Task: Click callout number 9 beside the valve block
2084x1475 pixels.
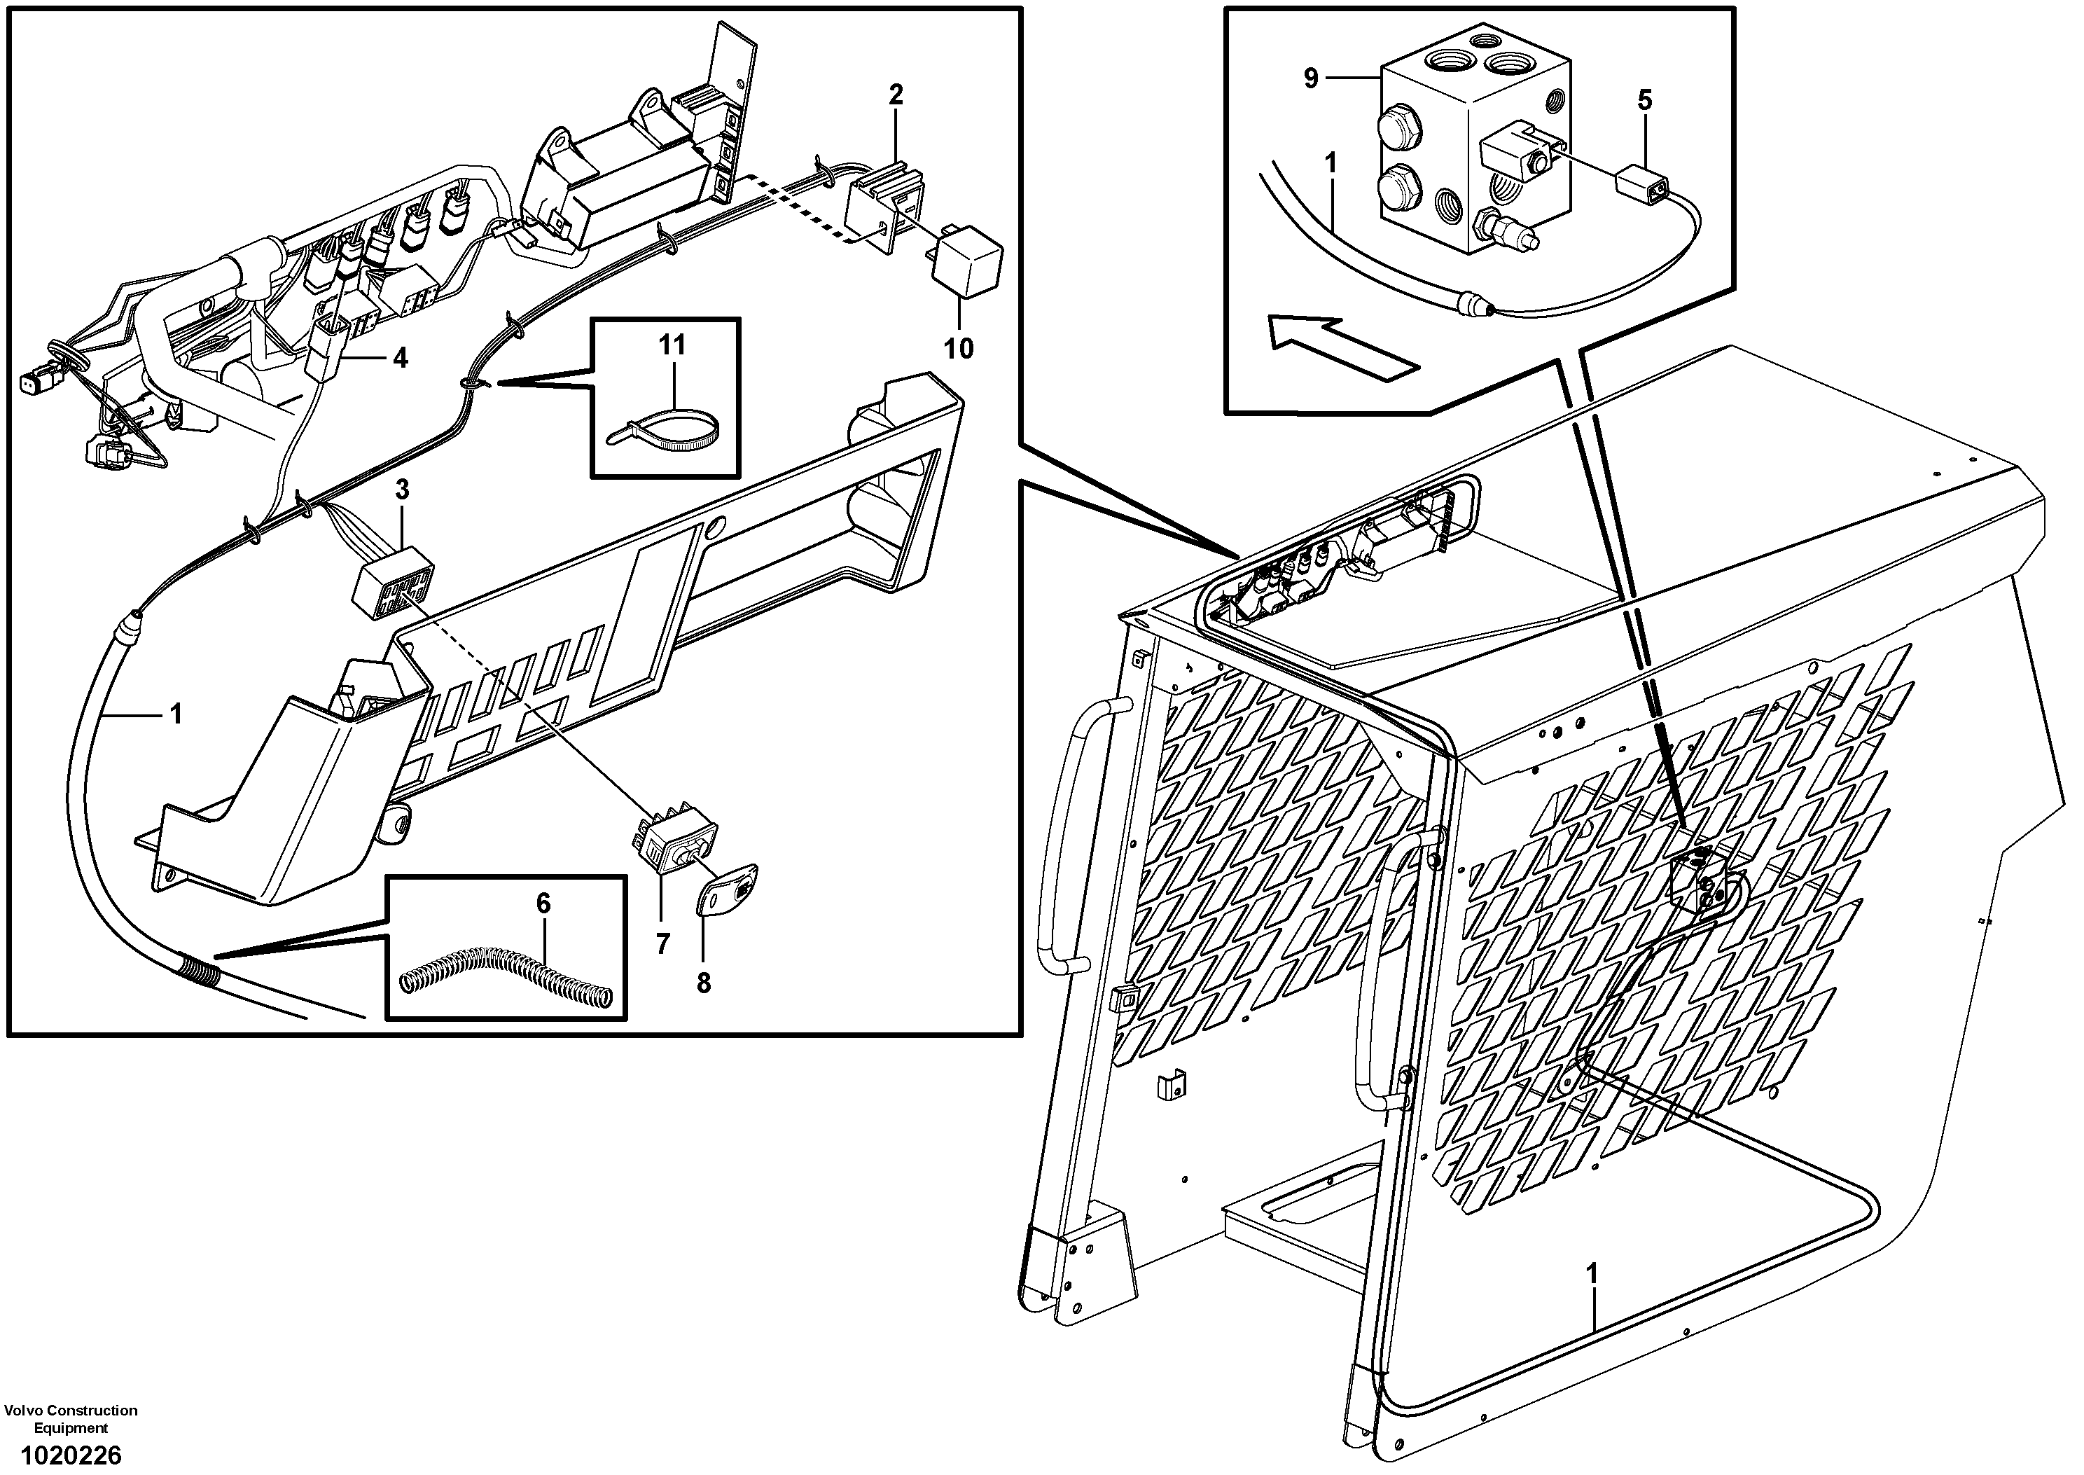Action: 1310,79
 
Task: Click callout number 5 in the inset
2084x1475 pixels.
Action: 1644,100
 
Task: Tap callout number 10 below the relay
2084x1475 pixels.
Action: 958,348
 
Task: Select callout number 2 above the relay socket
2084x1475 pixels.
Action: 896,95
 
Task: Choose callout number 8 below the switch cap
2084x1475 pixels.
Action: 703,983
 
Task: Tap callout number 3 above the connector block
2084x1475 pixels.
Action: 401,490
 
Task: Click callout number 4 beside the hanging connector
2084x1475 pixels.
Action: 400,358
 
